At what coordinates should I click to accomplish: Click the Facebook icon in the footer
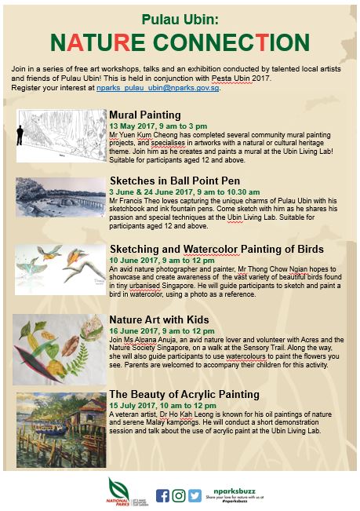(163, 495)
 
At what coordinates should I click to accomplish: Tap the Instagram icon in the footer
(179, 495)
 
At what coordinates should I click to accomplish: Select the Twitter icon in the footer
(194, 495)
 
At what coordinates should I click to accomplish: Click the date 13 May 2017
(133, 126)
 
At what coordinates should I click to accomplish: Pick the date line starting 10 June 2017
(160, 260)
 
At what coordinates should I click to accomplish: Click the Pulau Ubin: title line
(179, 17)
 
